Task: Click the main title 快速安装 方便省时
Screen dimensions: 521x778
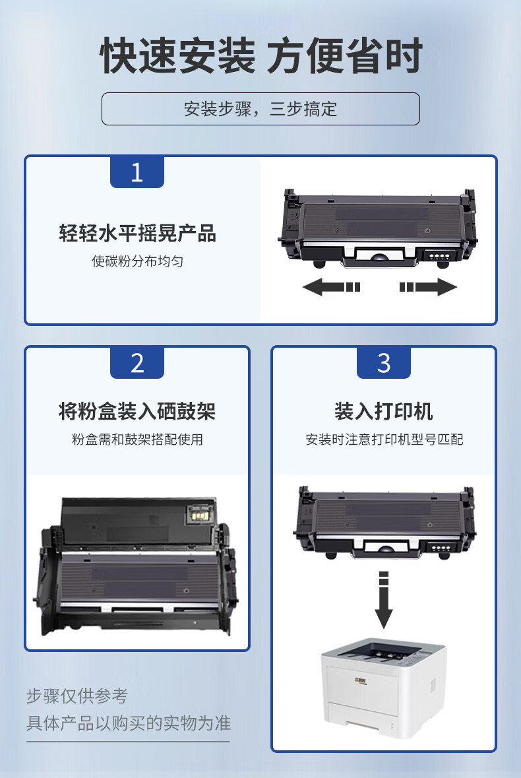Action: tap(261, 55)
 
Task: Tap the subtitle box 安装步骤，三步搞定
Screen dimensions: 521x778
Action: tap(260, 109)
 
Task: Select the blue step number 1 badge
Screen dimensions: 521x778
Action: tap(137, 172)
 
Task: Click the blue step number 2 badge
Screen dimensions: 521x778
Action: tap(137, 363)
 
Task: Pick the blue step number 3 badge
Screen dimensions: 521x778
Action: tap(384, 363)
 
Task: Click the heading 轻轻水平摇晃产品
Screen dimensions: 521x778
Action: tap(137, 233)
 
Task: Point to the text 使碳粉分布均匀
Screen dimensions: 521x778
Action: tap(137, 261)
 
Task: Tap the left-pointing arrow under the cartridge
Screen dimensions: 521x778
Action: tap(331, 287)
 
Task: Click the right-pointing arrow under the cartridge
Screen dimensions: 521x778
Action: tap(428, 287)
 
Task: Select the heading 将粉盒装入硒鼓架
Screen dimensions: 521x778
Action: tap(137, 411)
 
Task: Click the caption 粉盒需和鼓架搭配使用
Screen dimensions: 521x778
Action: tap(137, 439)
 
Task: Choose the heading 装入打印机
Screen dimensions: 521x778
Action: tap(384, 411)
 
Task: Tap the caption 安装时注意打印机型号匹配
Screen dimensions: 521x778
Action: tap(384, 439)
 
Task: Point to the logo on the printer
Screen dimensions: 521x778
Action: tap(360, 680)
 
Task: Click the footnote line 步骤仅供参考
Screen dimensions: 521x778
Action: tap(77, 696)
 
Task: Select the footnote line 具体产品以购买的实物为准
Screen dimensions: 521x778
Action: tap(129, 723)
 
